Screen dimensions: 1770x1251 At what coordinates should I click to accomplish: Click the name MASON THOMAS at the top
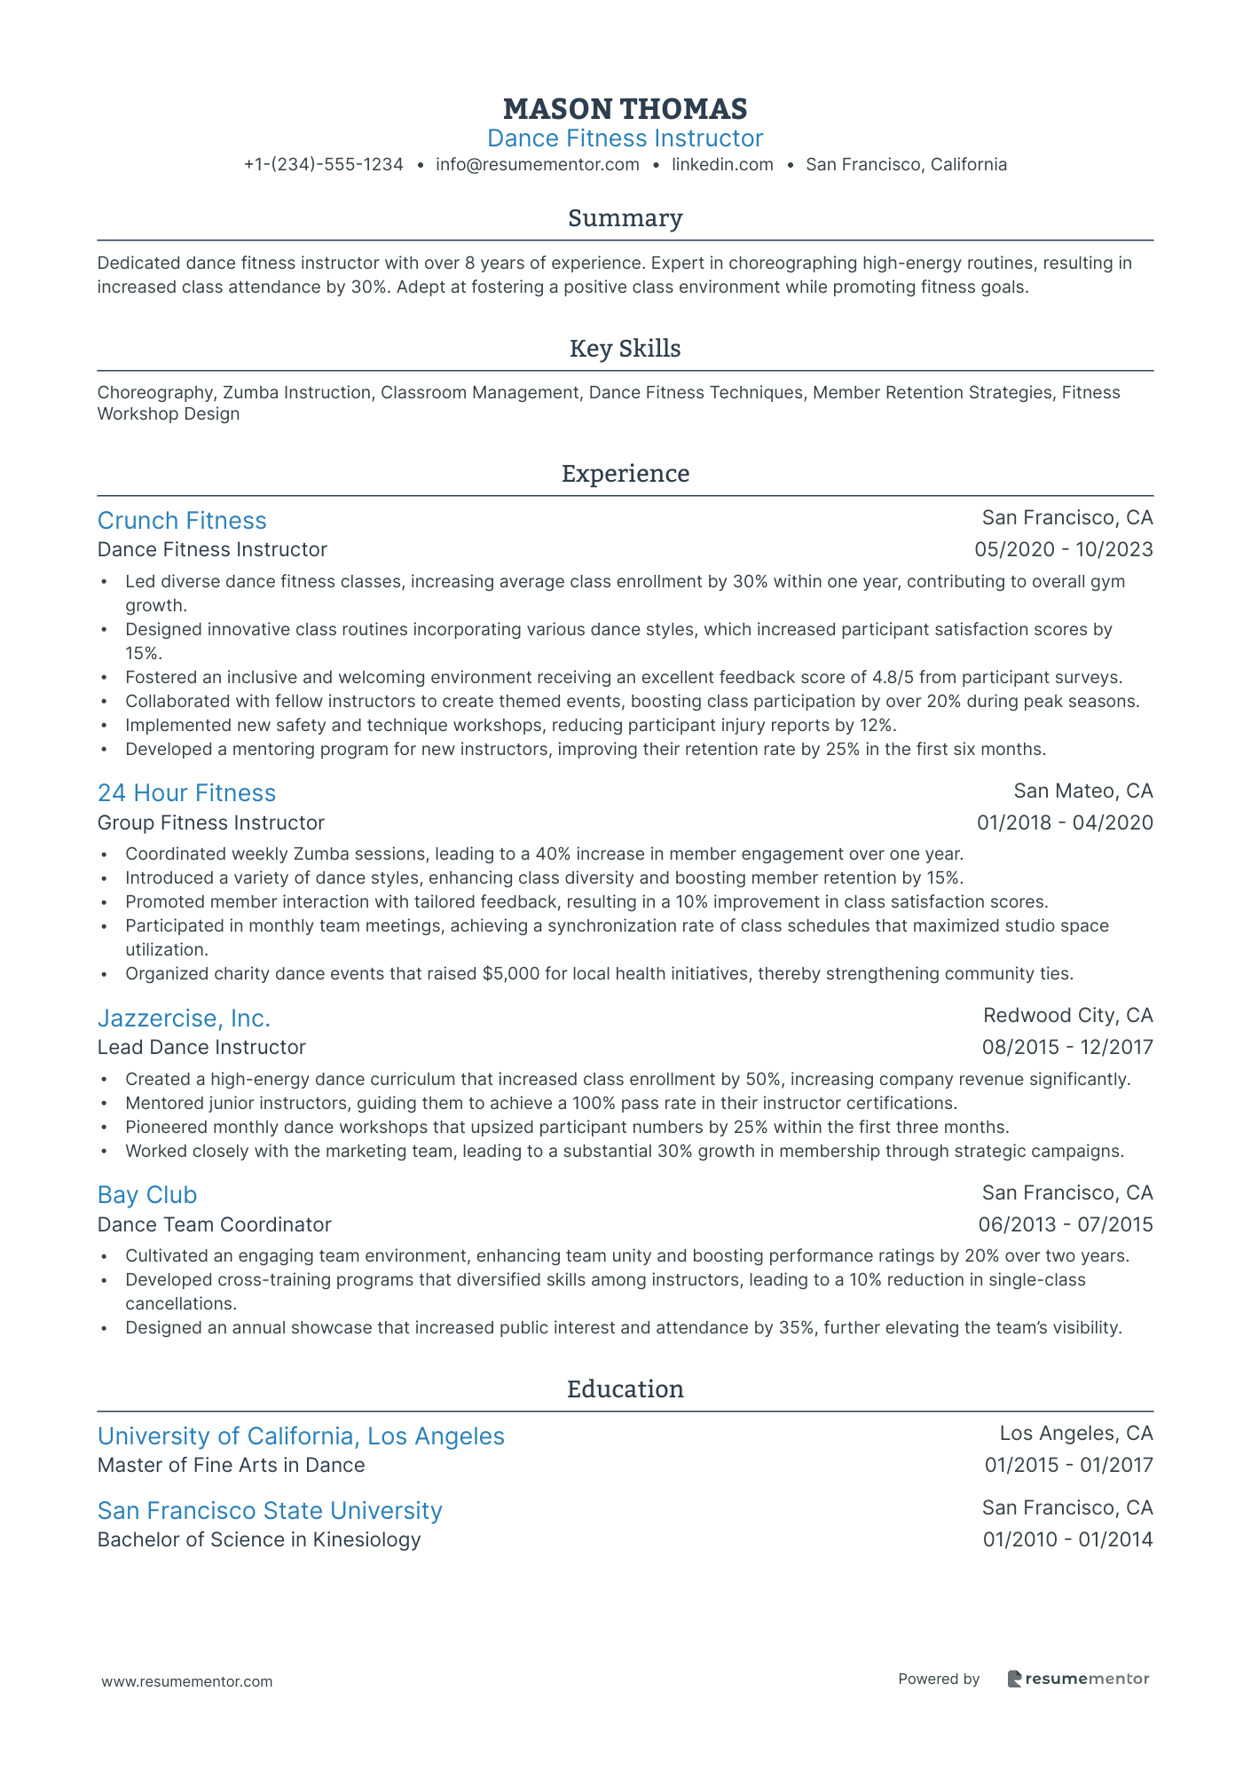[x=625, y=109]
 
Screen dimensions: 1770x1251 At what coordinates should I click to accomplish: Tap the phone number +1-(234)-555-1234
[x=324, y=165]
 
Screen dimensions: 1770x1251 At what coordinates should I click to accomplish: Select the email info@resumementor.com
[x=537, y=165]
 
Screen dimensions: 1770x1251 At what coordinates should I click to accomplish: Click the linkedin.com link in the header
[x=722, y=165]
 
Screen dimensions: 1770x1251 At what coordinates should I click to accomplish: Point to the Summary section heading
[x=625, y=218]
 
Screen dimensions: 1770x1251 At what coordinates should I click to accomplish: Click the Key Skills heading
[x=625, y=349]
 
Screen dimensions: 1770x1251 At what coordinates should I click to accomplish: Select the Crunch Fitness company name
[x=182, y=521]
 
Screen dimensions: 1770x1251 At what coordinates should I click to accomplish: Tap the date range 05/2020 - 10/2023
[x=1063, y=550]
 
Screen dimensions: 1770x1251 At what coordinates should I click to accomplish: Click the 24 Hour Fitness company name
[x=186, y=793]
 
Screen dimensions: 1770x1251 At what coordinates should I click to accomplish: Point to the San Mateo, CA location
[x=1082, y=791]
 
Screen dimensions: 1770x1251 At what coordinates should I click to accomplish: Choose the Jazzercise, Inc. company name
[x=184, y=1018]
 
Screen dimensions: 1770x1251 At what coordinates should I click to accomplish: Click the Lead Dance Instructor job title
[x=201, y=1048]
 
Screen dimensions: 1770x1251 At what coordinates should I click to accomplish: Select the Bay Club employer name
[x=147, y=1195]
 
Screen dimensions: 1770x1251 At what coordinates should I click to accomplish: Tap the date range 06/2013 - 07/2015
[x=1065, y=1225]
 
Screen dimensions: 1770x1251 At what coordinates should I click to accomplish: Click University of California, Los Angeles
[x=301, y=1436]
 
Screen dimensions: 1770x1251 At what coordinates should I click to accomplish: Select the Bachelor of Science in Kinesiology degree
[x=259, y=1539]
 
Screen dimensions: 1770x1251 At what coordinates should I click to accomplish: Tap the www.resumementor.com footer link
[x=187, y=1681]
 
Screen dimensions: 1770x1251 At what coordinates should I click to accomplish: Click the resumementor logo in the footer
[x=1078, y=1679]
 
